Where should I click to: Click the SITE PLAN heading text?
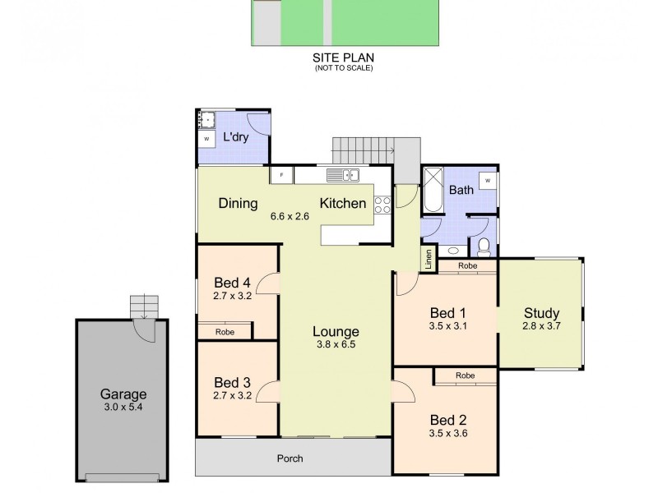[343, 58]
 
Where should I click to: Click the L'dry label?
[236, 138]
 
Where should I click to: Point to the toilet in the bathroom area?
[484, 245]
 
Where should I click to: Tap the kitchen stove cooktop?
[382, 205]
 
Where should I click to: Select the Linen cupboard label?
[429, 259]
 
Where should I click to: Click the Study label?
[541, 313]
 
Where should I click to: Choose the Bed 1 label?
[448, 312]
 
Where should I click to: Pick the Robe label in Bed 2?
[466, 376]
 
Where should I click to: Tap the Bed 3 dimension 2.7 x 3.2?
[231, 395]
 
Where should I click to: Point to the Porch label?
[290, 458]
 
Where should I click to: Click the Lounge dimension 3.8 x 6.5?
[335, 345]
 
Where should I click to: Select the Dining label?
[239, 204]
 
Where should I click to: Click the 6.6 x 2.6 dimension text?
[290, 217]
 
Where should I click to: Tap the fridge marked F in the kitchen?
[282, 175]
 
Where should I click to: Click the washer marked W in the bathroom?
[487, 180]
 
